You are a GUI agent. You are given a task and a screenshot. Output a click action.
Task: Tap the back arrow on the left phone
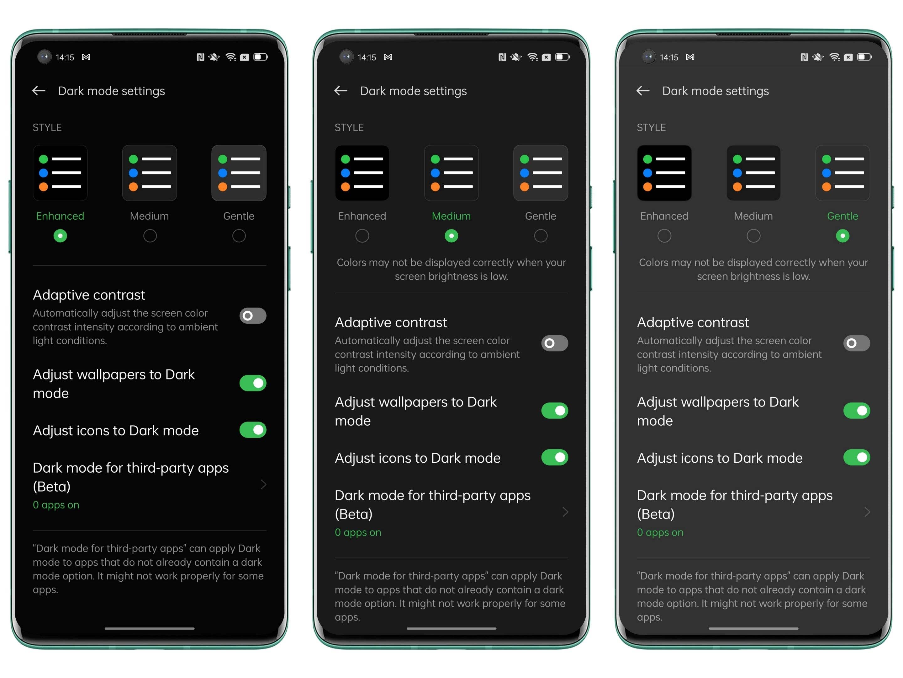click(39, 91)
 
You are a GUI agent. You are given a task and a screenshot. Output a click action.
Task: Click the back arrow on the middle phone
click(341, 91)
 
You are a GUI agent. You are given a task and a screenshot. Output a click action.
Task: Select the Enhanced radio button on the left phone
click(60, 236)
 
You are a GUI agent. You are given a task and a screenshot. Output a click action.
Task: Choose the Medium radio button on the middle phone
click(451, 236)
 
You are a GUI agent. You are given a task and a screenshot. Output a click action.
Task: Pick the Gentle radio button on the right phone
click(842, 236)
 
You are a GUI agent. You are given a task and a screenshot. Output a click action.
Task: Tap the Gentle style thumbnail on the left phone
click(239, 173)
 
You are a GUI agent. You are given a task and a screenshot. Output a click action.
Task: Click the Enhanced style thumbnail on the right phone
click(664, 173)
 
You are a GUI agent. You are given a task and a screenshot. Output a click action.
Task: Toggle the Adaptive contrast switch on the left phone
click(253, 315)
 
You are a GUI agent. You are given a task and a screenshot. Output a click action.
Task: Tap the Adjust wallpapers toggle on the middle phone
click(555, 411)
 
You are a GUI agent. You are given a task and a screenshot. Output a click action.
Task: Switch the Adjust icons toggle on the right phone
click(857, 457)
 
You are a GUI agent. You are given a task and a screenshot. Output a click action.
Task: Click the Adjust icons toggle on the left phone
click(253, 430)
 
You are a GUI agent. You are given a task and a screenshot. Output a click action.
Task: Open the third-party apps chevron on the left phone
click(264, 485)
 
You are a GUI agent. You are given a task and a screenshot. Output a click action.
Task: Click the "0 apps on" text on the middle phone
click(358, 532)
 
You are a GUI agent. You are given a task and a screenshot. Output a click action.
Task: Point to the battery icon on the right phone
click(864, 57)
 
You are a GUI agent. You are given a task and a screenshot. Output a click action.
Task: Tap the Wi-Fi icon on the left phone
click(231, 57)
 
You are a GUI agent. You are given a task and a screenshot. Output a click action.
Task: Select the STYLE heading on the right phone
click(651, 127)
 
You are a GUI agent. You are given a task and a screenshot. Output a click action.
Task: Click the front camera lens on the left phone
click(45, 56)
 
